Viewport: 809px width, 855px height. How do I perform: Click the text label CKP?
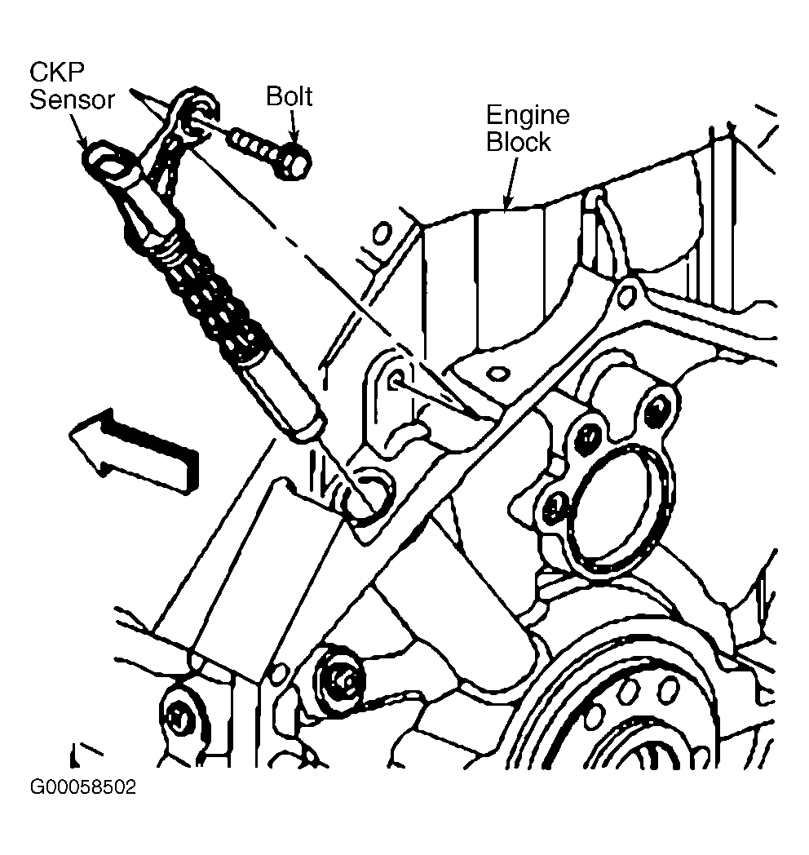click(x=57, y=72)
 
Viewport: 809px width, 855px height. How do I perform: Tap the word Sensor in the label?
click(x=72, y=100)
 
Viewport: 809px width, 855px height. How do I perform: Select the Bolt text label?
click(x=289, y=96)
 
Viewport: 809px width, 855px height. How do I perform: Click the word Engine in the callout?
click(x=527, y=115)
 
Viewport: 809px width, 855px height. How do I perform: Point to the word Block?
click(x=518, y=142)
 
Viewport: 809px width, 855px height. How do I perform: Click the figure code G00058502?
click(x=83, y=787)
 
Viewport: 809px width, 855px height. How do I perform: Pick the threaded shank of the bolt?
click(x=252, y=142)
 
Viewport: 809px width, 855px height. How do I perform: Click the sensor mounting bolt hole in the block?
click(x=396, y=379)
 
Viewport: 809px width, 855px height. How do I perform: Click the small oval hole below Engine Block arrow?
click(x=497, y=374)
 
